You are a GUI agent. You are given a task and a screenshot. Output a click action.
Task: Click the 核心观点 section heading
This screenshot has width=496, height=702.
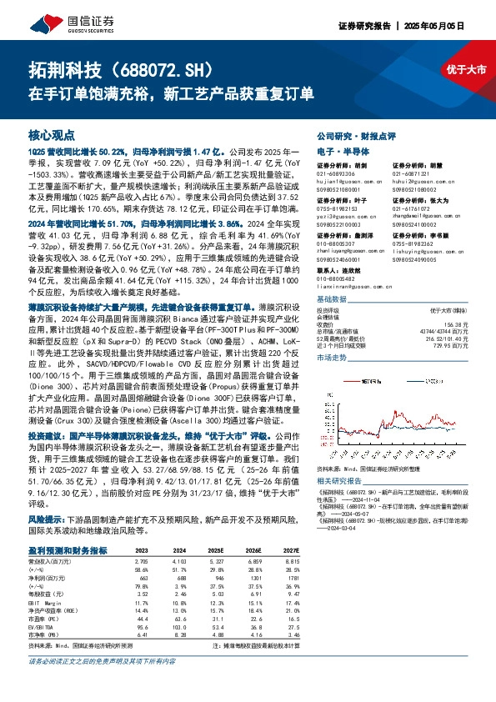pos(52,135)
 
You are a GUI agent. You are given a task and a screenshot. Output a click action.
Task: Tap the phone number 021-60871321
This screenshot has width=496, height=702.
pos(410,173)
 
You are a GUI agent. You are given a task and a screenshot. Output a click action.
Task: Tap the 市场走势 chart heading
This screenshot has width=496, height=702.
pos(333,357)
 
